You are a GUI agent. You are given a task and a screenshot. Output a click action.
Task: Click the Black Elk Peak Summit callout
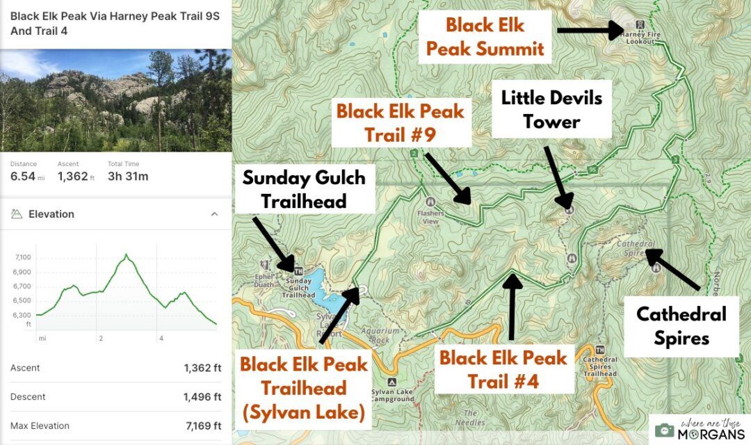point(485,37)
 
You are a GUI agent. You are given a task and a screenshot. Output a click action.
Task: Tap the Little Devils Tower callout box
point(551,109)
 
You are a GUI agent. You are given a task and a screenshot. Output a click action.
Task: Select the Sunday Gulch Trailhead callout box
point(303,189)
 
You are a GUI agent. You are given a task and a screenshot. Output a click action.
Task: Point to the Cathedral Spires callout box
point(681,326)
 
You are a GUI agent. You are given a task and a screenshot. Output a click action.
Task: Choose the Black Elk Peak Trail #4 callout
point(503,369)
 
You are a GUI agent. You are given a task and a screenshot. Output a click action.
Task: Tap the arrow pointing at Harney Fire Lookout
point(590,30)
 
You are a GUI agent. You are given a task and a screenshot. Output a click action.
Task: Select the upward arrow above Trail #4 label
point(512,306)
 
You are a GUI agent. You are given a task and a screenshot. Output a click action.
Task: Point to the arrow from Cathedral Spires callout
point(672,269)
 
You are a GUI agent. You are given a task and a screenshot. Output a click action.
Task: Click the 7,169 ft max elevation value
point(202,426)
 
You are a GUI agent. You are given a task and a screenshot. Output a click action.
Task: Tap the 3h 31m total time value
point(128,177)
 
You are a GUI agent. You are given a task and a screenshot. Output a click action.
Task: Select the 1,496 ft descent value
point(202,397)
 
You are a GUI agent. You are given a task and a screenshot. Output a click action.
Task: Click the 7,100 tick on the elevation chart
point(23,258)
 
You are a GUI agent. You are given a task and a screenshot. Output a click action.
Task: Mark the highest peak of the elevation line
point(126,255)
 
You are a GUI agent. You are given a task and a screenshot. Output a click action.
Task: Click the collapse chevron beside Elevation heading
point(214,214)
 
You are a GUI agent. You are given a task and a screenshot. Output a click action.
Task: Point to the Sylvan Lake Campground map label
point(392,395)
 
